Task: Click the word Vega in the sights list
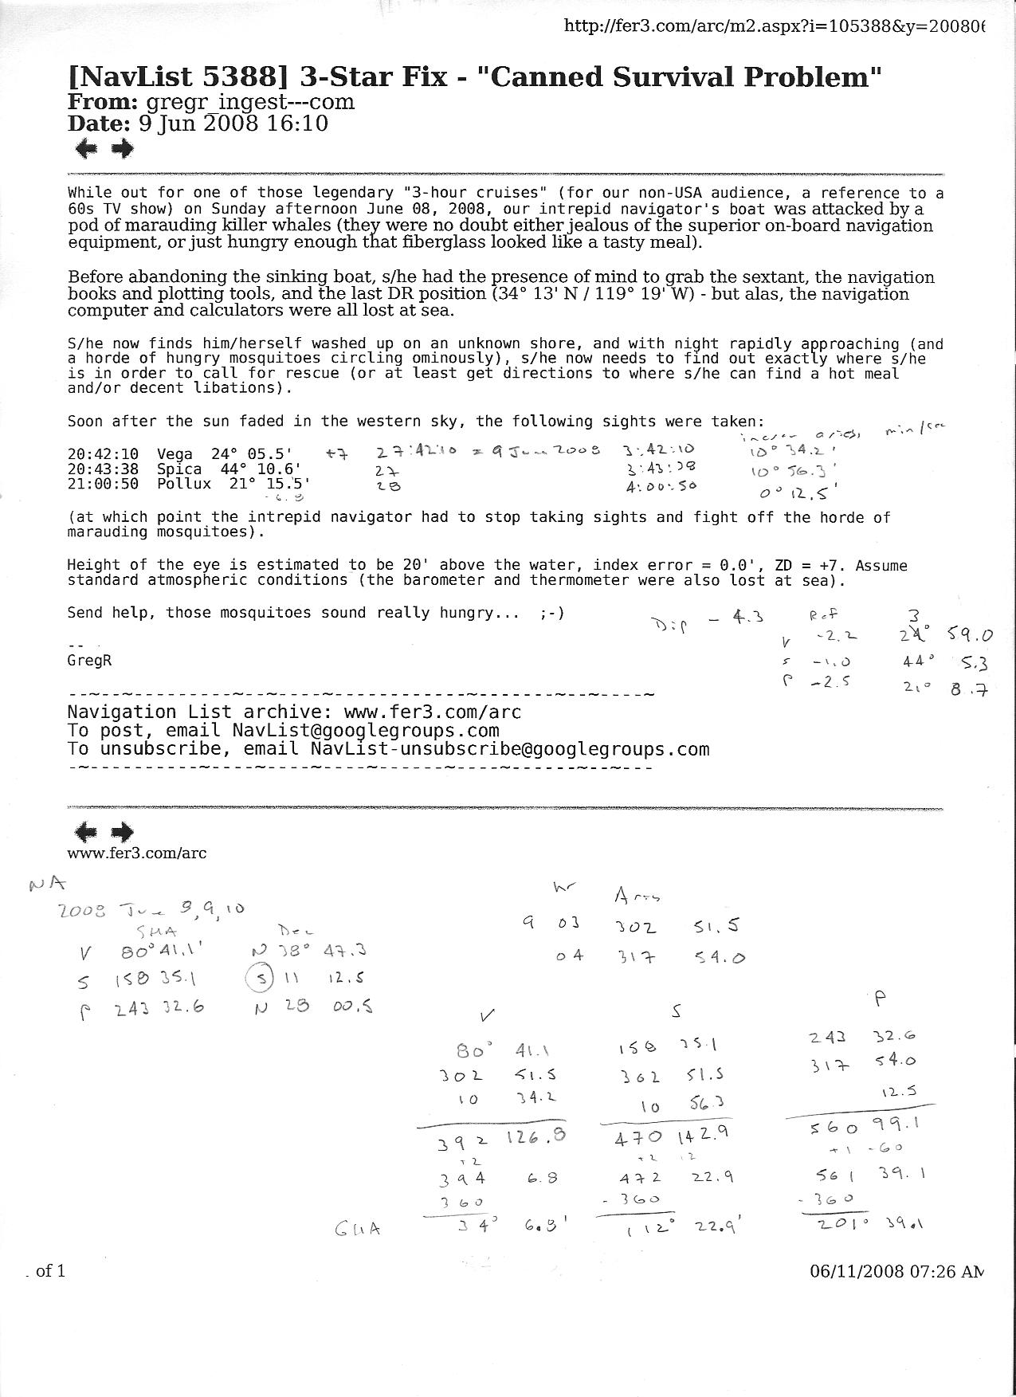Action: [175, 454]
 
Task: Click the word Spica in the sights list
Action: [179, 469]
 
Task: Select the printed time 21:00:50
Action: [103, 484]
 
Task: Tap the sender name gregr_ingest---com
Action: [249, 102]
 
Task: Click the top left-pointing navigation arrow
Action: [85, 148]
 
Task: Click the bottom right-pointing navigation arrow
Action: [122, 832]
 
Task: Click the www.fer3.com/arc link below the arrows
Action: [136, 854]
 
